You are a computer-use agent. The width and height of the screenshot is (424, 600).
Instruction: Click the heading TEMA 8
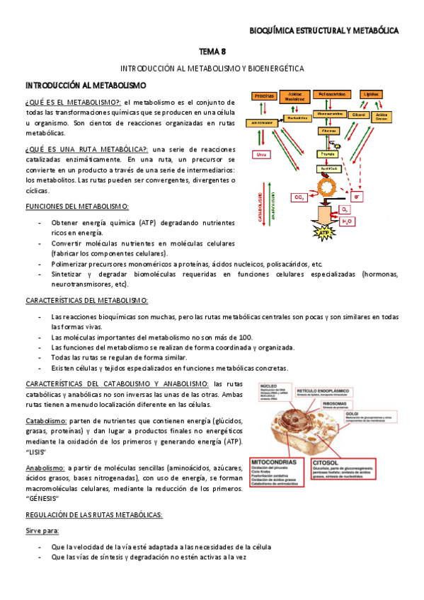pos(212,51)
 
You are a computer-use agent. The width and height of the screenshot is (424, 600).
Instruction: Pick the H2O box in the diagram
pos(348,221)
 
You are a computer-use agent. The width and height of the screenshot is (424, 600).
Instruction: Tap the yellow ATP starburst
pos(324,232)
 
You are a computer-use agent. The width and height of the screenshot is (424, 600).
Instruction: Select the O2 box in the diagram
pos(345,209)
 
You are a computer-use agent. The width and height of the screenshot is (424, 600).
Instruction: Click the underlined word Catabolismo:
pos(47,421)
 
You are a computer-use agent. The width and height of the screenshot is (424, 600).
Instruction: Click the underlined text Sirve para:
pos(42,531)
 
